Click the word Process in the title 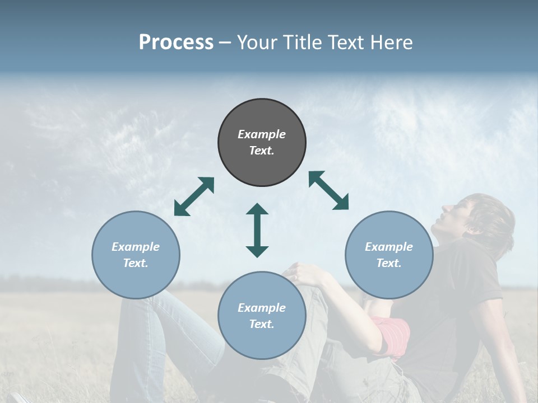(x=176, y=43)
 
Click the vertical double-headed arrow (x=257, y=230)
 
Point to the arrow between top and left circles (x=194, y=196)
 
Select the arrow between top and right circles (x=328, y=190)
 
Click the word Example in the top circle (x=262, y=134)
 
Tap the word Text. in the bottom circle (x=262, y=324)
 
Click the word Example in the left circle (x=136, y=247)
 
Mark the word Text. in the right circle (x=389, y=263)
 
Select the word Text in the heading (x=344, y=43)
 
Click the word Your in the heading (x=255, y=43)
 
